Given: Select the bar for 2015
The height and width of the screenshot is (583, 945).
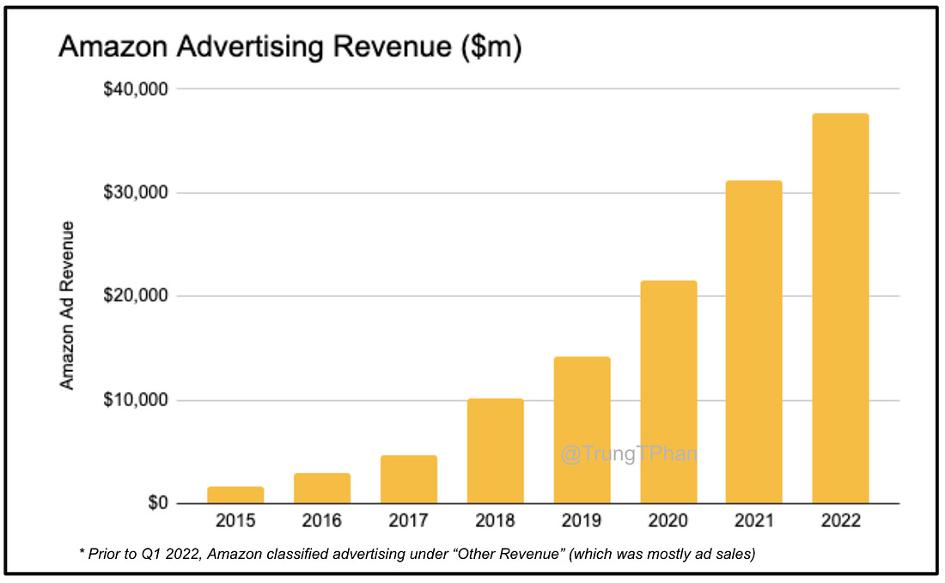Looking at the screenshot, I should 235,495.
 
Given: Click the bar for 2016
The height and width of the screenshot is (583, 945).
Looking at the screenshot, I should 322,488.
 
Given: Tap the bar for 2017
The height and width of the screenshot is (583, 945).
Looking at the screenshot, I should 409,479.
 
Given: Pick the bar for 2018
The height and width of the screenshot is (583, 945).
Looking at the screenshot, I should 495,451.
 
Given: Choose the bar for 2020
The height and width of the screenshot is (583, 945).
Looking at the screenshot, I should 668,392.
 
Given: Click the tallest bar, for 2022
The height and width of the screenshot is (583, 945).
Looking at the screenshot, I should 840,308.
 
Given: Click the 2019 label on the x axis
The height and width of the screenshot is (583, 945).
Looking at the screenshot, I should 582,521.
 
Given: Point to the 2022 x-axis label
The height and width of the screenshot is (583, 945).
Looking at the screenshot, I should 840,521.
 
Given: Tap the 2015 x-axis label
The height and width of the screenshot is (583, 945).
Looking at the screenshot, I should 235,521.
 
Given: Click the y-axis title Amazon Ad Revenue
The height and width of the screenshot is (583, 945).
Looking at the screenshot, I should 67,305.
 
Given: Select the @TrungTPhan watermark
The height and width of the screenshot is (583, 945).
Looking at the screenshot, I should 628,453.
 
